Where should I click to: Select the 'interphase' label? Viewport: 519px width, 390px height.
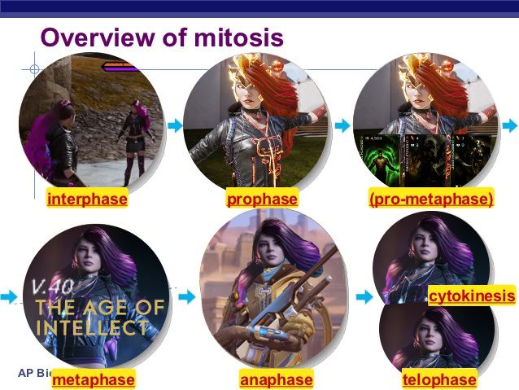coord(87,199)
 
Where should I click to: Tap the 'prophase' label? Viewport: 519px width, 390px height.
coord(262,199)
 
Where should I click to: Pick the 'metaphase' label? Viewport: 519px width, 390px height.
coord(93,380)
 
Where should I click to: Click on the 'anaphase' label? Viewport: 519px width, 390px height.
coord(277,380)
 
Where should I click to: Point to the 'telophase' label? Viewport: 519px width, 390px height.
coord(439,380)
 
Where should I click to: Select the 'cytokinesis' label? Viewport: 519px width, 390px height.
coord(472,296)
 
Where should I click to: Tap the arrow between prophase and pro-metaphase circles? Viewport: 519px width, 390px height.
coord(342,125)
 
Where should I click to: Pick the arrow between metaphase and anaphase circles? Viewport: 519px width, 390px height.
coord(186,297)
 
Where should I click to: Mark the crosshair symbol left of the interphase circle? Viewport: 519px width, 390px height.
coord(33,68)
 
